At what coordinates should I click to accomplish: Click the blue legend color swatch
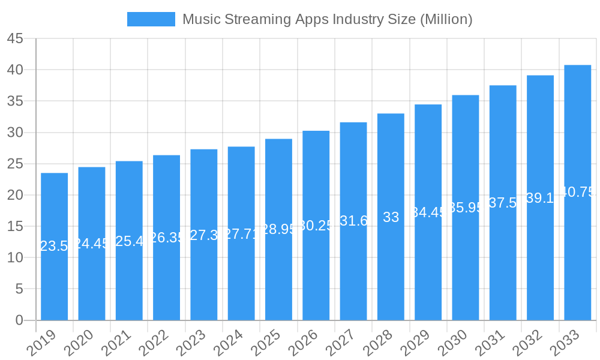coord(151,19)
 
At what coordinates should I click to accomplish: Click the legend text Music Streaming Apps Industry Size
coord(327,19)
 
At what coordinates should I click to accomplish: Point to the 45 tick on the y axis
coord(15,39)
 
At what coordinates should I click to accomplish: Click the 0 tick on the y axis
coord(19,320)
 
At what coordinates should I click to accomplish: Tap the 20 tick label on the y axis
coord(15,195)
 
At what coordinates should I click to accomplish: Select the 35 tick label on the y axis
coord(15,101)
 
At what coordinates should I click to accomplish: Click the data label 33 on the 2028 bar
coord(391,217)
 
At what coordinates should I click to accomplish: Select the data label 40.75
coord(578,192)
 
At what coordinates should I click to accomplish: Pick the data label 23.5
coord(54,246)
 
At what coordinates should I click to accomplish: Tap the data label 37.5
coord(503,203)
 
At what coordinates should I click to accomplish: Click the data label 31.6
coord(353,221)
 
